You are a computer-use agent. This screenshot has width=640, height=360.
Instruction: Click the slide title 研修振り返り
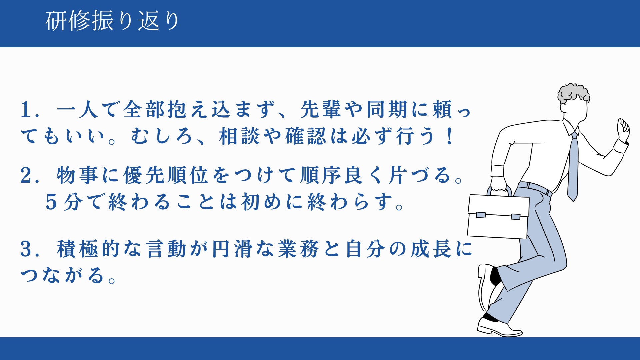[x=113, y=21]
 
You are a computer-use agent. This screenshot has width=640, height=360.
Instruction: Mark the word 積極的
[x=88, y=249]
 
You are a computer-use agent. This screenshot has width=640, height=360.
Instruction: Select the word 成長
[x=431, y=249]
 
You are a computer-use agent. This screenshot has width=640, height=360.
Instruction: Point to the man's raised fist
[x=623, y=130]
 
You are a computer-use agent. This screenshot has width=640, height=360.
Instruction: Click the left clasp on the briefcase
[x=481, y=215]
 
